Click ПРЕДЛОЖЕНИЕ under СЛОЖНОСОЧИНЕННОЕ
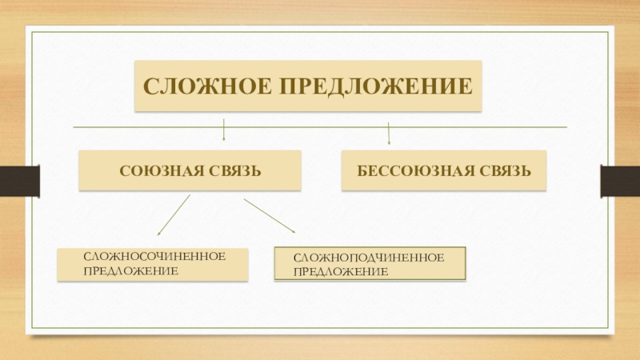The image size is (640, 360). [x=130, y=271]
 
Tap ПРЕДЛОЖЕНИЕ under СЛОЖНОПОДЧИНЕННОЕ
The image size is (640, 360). [x=340, y=272]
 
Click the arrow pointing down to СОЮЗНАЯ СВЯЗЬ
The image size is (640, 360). [x=223, y=131]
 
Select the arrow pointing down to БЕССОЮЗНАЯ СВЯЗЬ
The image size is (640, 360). [x=389, y=133]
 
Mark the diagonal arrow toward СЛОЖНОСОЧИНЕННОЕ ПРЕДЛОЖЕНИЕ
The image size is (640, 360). [x=174, y=215]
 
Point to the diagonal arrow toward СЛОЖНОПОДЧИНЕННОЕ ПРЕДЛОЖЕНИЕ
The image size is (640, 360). [x=270, y=216]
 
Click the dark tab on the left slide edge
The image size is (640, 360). [x=18, y=181]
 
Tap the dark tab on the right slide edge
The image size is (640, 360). [x=621, y=181]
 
